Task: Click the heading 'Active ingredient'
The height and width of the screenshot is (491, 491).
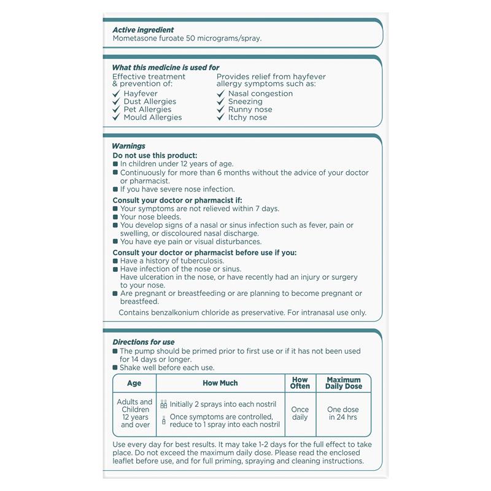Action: tap(143, 29)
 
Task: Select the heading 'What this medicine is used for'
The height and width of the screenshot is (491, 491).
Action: tap(166, 68)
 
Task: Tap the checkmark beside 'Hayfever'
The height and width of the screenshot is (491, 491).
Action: tap(116, 94)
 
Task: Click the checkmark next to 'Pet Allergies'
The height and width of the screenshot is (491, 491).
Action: tap(116, 109)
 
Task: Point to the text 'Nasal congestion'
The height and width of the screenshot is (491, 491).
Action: tap(260, 93)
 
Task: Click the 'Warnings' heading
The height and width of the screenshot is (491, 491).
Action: tap(129, 146)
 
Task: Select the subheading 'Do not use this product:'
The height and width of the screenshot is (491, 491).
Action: tap(155, 156)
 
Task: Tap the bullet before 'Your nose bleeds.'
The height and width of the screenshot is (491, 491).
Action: tap(116, 217)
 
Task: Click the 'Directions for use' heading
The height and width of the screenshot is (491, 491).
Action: tap(144, 342)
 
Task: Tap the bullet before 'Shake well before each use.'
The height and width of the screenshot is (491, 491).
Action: tap(116, 368)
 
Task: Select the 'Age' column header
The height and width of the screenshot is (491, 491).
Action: tap(134, 383)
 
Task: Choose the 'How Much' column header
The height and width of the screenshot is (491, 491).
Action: tap(220, 383)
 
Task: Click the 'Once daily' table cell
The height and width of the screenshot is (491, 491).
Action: tap(300, 413)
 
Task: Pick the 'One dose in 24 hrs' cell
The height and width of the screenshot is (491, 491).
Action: tap(343, 413)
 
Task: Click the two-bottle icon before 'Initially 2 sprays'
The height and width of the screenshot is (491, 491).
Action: tap(164, 404)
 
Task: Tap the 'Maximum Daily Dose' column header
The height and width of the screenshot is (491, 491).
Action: tap(344, 383)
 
